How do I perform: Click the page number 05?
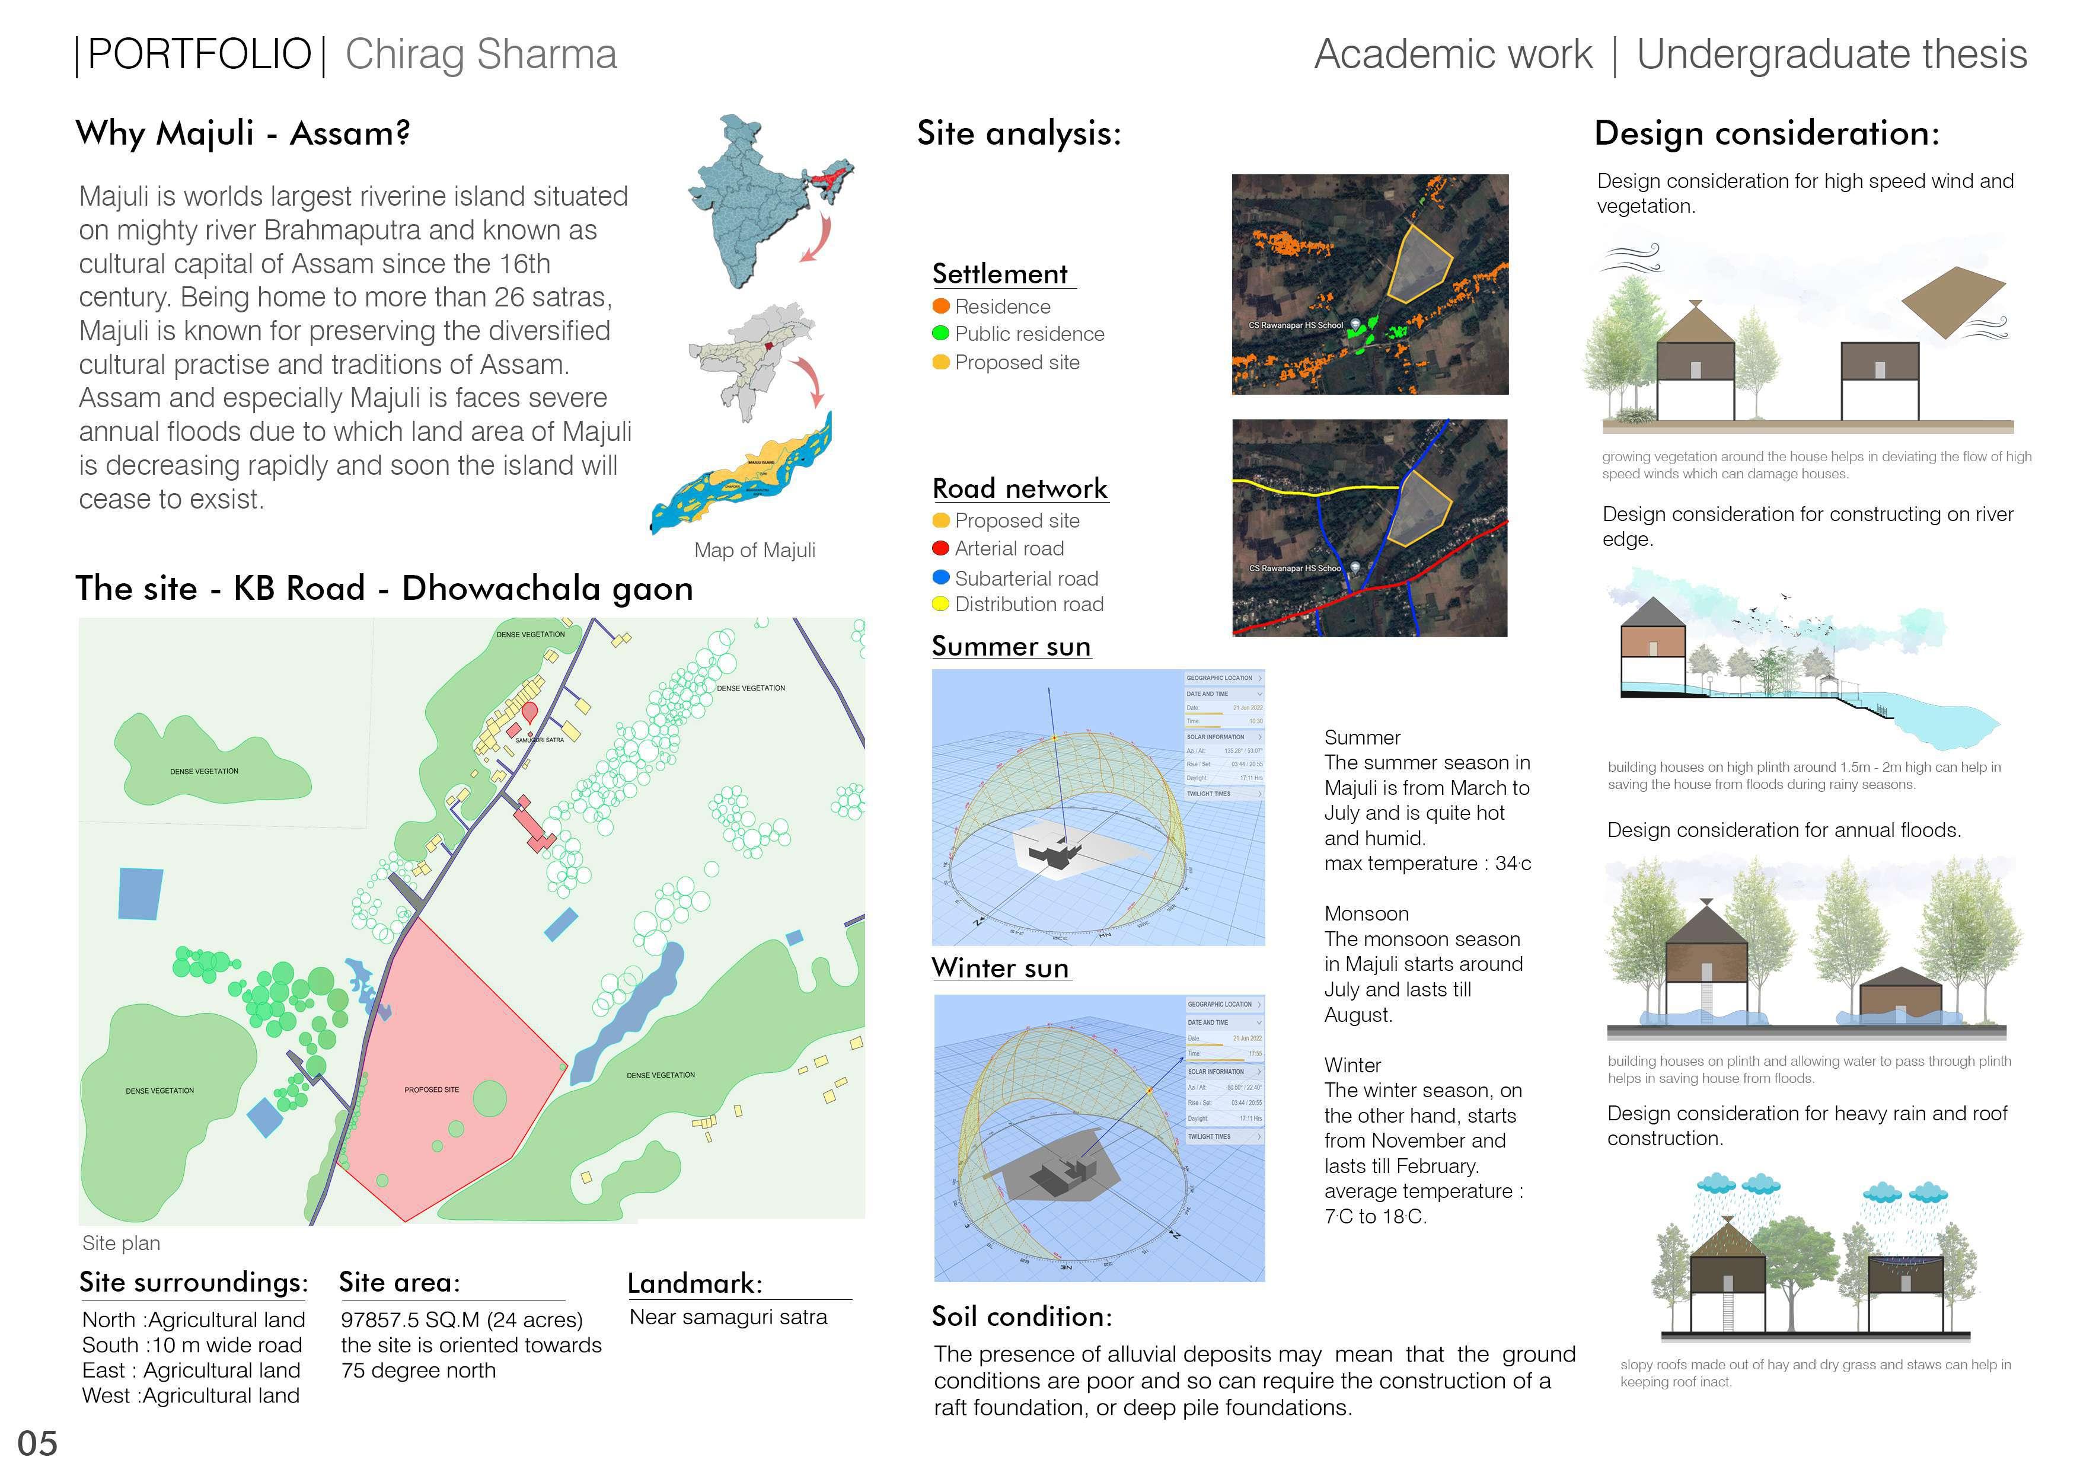37,1443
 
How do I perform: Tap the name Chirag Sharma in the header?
481,55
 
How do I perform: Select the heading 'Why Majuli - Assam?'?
243,133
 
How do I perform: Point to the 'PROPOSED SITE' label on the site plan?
431,1089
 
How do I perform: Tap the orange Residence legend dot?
940,306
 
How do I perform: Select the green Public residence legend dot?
940,333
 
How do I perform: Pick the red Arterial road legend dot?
940,548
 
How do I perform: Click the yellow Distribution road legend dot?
940,604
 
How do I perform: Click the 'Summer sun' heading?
1011,645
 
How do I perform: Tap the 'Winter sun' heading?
1000,968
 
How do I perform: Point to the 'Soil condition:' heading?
1021,1316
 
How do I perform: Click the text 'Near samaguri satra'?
728,1317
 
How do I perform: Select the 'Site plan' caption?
122,1242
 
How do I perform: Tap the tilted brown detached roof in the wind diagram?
1953,302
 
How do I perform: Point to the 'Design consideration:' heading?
1766,133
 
